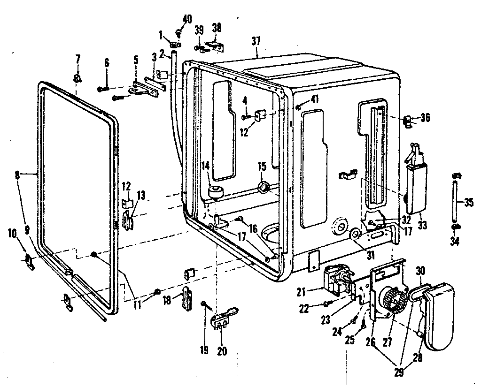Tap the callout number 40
pos(187,19)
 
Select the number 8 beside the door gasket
pos(17,175)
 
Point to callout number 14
pos(205,165)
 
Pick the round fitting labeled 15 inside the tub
pos(264,188)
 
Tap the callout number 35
pos(468,203)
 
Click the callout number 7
pos(78,60)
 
